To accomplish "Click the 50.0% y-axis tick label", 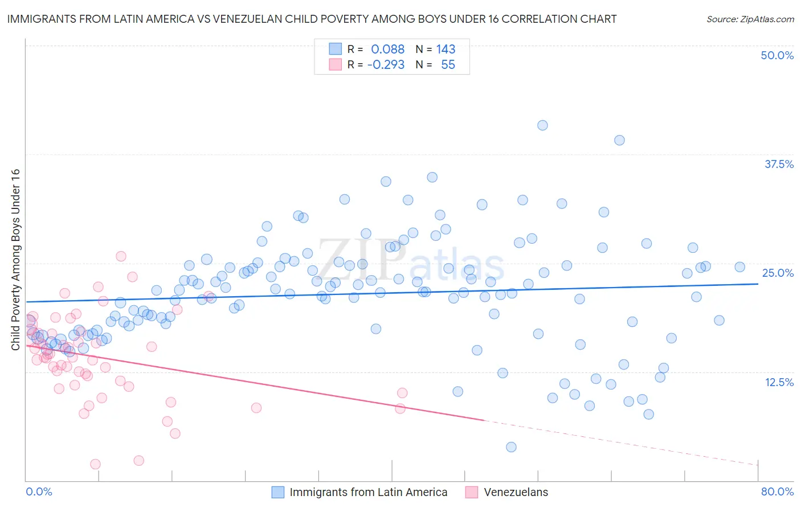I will tap(777, 55).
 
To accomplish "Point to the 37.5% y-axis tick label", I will tap(779, 164).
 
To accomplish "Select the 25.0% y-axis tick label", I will tap(778, 273).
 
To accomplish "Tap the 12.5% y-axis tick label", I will tap(779, 382).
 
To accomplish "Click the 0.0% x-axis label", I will tap(39, 491).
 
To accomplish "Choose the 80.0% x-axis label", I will tap(777, 491).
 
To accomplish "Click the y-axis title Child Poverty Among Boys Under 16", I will tap(15, 260).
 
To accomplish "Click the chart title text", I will tap(312, 19).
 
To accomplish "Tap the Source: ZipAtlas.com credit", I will tap(750, 19).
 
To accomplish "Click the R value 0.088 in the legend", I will tap(387, 49).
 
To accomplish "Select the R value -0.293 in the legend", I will tap(386, 64).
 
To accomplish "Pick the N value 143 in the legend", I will tap(446, 49).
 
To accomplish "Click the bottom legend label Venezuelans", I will tap(516, 492).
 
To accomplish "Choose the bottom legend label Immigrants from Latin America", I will tap(368, 492).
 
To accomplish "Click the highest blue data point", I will tap(542, 125).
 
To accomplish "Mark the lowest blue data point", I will tap(511, 447).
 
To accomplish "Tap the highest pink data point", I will tap(121, 256).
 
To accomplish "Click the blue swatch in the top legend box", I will tap(336, 49).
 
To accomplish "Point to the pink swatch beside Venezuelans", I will tap(472, 492).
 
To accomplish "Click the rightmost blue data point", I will tap(739, 267).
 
